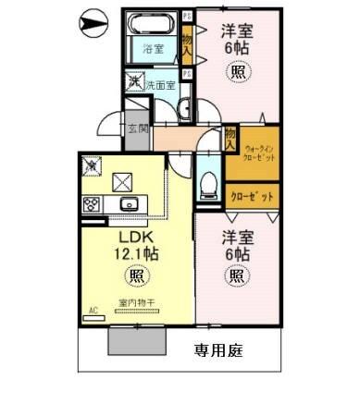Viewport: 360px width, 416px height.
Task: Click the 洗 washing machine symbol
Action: (134, 83)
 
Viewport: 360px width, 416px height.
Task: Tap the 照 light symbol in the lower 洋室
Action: (236, 275)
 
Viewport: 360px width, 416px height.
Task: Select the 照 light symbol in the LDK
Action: (136, 275)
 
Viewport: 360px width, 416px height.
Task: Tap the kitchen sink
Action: (128, 205)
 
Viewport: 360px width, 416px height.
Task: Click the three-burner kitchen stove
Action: (93, 205)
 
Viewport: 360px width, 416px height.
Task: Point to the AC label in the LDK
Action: (93, 311)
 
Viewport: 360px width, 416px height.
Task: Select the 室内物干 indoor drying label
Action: (136, 303)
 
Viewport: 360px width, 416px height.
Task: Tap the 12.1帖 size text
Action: (136, 252)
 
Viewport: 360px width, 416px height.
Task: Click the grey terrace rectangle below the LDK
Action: (136, 339)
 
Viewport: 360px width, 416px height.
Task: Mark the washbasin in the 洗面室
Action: (184, 104)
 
